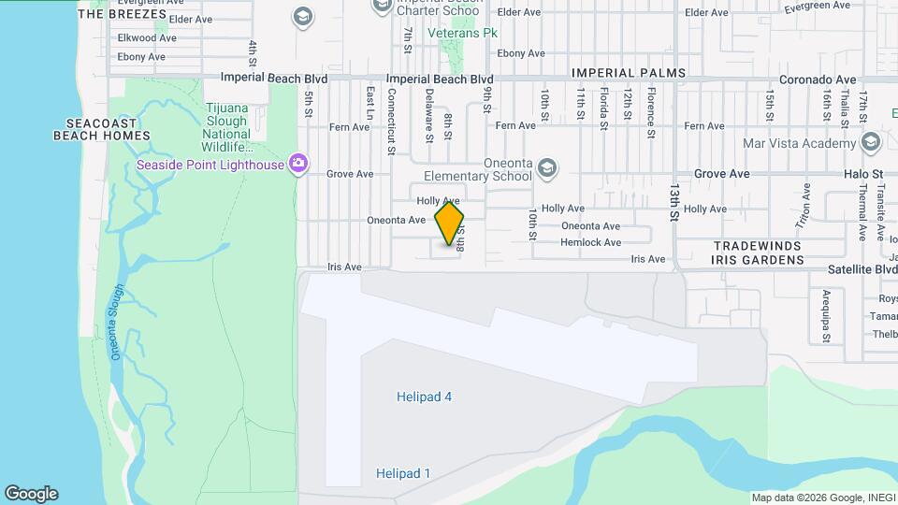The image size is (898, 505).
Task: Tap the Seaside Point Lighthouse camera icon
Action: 298,165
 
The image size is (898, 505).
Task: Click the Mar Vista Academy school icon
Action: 872,143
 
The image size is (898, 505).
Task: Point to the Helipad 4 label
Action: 424,397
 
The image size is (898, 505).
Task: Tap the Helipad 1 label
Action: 403,473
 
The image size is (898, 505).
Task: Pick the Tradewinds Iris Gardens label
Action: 759,252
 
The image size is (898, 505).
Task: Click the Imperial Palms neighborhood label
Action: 629,73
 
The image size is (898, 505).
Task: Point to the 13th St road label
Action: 674,202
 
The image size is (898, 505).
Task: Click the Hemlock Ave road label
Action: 590,242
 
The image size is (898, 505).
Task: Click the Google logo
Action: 31,494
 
